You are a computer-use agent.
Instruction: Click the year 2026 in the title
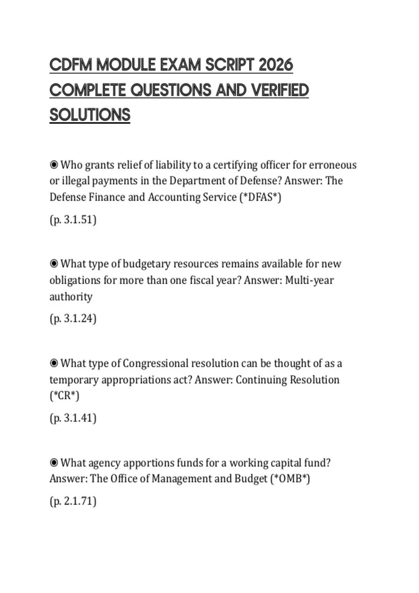pyautogui.click(x=276, y=65)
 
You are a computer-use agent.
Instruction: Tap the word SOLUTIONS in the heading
pyautogui.click(x=90, y=115)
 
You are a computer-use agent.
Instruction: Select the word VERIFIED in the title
pyautogui.click(x=280, y=90)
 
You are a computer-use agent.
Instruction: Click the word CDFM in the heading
pyautogui.click(x=71, y=65)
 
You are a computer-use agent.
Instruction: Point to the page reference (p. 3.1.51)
pyautogui.click(x=73, y=220)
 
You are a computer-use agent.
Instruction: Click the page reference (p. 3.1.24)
pyautogui.click(x=73, y=318)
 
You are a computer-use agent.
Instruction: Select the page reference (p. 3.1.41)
pyautogui.click(x=73, y=418)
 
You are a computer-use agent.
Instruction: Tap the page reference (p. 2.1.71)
pyautogui.click(x=73, y=501)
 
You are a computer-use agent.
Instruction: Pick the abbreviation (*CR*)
pyautogui.click(x=65, y=396)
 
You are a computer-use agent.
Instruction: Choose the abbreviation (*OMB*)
pyautogui.click(x=290, y=479)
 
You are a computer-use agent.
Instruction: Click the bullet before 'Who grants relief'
pyautogui.click(x=54, y=165)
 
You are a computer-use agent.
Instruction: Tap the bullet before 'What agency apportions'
pyautogui.click(x=54, y=463)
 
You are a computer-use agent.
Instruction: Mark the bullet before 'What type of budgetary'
pyautogui.click(x=54, y=264)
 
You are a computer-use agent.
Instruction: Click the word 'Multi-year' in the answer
pyautogui.click(x=309, y=280)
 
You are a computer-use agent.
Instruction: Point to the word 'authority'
pyautogui.click(x=71, y=296)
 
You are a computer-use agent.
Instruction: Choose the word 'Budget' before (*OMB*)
pyautogui.click(x=251, y=479)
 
